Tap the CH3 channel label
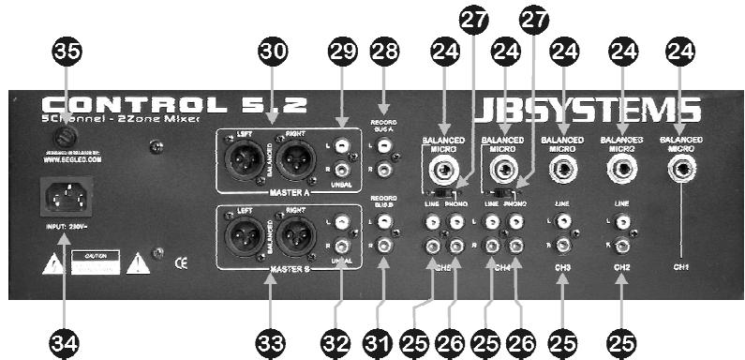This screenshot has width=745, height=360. coord(563,265)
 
